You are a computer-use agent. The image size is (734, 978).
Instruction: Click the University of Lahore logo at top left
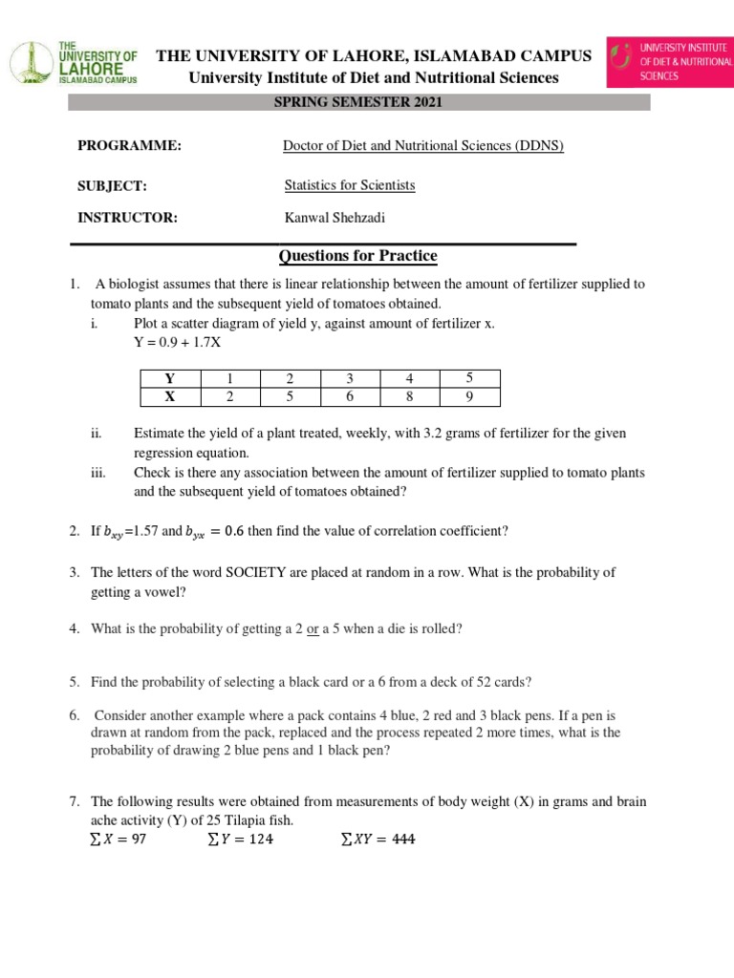(x=74, y=63)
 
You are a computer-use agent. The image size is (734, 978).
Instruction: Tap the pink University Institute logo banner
(x=668, y=62)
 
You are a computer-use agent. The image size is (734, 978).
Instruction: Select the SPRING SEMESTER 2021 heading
(x=359, y=102)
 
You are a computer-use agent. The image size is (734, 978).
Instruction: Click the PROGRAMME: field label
(x=129, y=146)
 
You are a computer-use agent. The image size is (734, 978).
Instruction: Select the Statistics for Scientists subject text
(x=350, y=185)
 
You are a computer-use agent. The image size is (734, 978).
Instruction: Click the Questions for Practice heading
(x=357, y=256)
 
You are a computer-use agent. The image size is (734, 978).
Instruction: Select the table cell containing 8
(x=409, y=396)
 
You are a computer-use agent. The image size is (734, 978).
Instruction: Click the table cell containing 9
(x=469, y=396)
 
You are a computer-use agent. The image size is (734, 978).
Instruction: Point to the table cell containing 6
(x=350, y=396)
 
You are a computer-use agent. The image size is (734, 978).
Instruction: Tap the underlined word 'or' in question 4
(x=313, y=628)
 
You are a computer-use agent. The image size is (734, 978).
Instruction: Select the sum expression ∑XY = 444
(x=378, y=840)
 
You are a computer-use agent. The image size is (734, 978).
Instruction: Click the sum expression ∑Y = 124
(x=241, y=840)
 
